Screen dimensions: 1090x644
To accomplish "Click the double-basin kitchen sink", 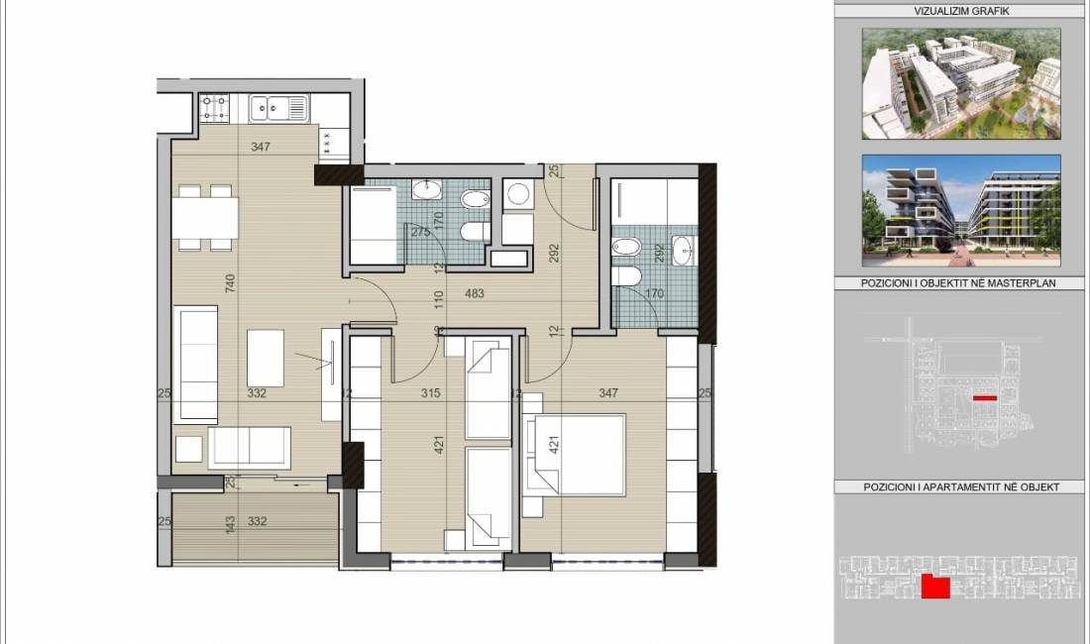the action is [278, 108].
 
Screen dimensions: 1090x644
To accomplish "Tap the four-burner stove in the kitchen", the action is [215, 108].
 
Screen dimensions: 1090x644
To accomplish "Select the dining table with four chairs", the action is [205, 217].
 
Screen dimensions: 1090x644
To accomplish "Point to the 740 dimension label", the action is [230, 282].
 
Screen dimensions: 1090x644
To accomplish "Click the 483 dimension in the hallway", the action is [474, 294].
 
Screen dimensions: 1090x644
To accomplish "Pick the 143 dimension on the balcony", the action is [231, 523].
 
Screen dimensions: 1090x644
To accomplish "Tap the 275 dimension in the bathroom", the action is [420, 232].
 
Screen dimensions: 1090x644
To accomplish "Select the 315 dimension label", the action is [430, 393].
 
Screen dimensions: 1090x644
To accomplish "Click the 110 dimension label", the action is [439, 299].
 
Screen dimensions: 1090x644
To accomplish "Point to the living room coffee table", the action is [266, 358].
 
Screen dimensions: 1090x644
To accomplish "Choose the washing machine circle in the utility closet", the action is [518, 193].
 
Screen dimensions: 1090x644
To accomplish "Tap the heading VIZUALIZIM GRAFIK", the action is [961, 11].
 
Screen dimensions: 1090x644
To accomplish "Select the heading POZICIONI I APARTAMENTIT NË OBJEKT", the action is [961, 487].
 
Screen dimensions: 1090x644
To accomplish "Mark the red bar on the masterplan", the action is [985, 398].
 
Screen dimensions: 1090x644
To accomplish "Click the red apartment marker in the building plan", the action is [935, 588].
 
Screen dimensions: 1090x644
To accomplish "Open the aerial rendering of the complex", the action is [961, 83].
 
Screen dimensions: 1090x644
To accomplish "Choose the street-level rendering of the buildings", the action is [961, 210].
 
